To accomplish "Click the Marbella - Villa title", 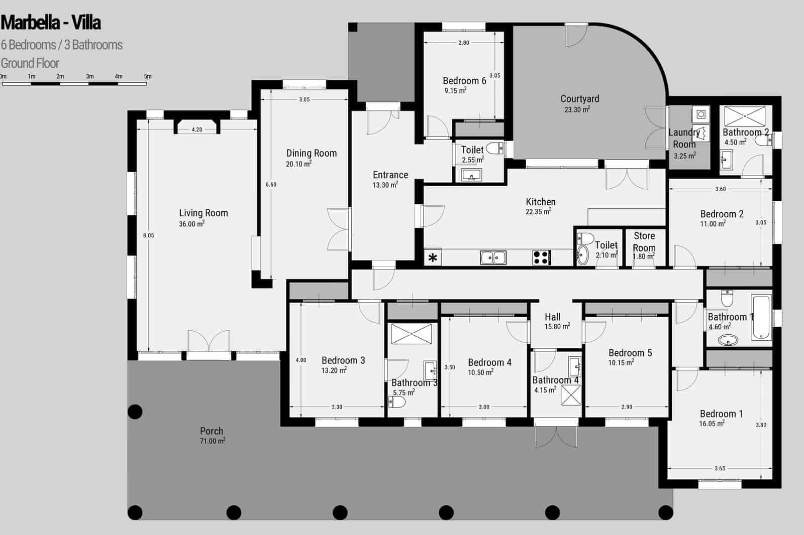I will click(51, 23).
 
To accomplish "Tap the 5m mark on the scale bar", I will click(147, 77).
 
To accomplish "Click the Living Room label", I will click(204, 213).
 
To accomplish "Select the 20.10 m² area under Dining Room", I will click(298, 164).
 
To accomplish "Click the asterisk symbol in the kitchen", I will click(433, 258).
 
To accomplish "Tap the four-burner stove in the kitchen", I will click(541, 257).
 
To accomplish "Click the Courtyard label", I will click(580, 99).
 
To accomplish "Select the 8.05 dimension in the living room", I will click(148, 235).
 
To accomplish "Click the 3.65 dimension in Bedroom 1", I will click(720, 468).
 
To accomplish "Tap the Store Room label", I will click(644, 241).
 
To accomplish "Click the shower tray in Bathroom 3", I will click(411, 334).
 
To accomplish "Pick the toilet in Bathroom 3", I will click(397, 403).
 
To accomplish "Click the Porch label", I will click(212, 431).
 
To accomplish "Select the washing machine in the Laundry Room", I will click(701, 114).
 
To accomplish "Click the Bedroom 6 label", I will click(464, 81).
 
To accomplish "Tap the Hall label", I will click(552, 317).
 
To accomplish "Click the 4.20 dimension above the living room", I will click(197, 129).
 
